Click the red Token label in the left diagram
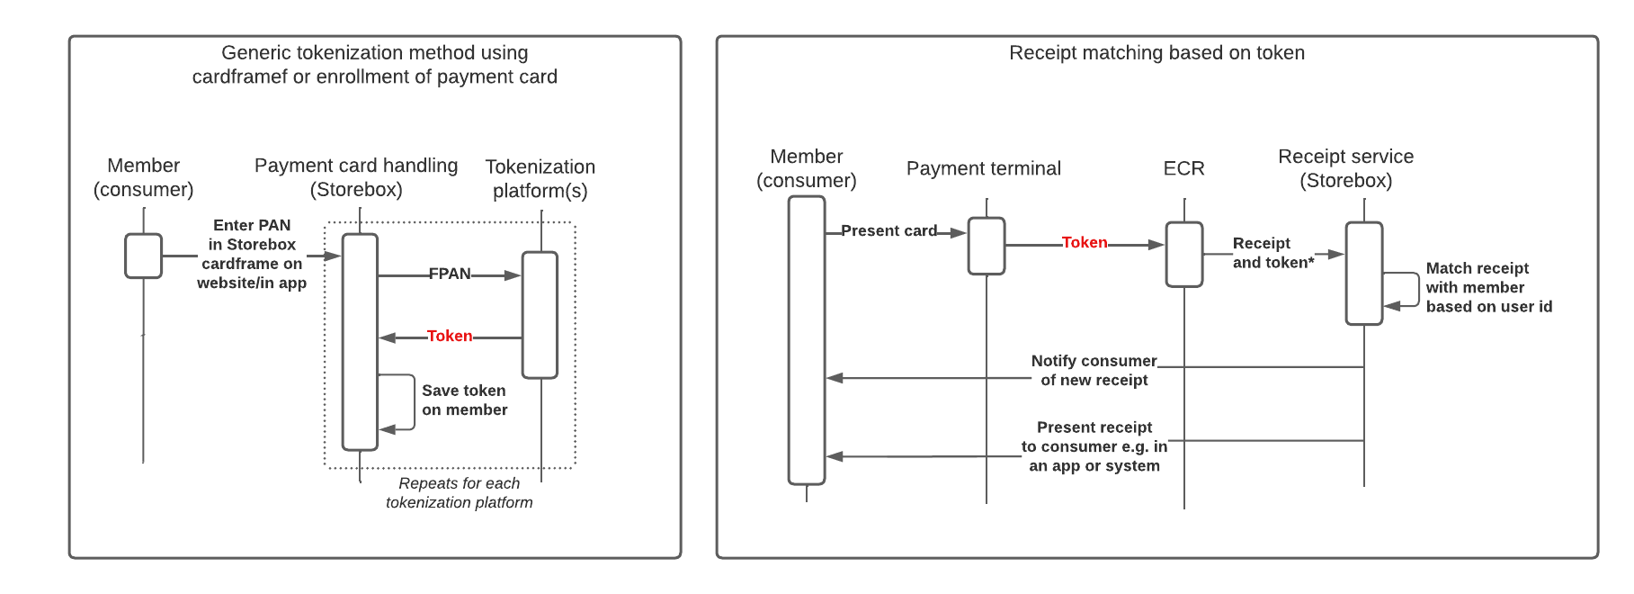click(450, 337)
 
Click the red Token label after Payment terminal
click(1085, 243)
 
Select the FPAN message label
click(450, 274)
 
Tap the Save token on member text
click(464, 400)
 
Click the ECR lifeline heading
click(1183, 169)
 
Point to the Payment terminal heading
click(983, 169)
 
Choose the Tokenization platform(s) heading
click(540, 179)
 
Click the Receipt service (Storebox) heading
click(1345, 168)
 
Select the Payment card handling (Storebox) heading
click(356, 177)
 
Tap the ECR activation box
click(1183, 255)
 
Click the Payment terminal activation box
click(987, 246)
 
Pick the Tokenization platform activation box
click(540, 315)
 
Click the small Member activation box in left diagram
click(144, 256)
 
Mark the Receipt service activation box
click(1363, 274)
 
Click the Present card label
click(888, 231)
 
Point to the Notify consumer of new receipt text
click(1094, 371)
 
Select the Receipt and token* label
click(1272, 253)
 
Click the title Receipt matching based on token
click(1156, 53)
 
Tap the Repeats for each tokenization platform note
click(459, 493)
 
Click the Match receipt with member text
click(1487, 287)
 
